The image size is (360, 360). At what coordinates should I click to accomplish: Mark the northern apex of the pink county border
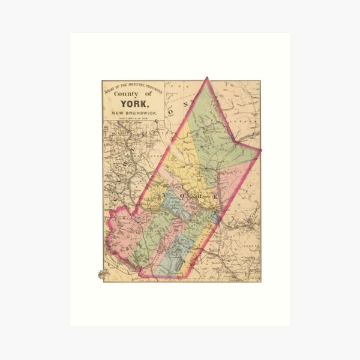206,78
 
